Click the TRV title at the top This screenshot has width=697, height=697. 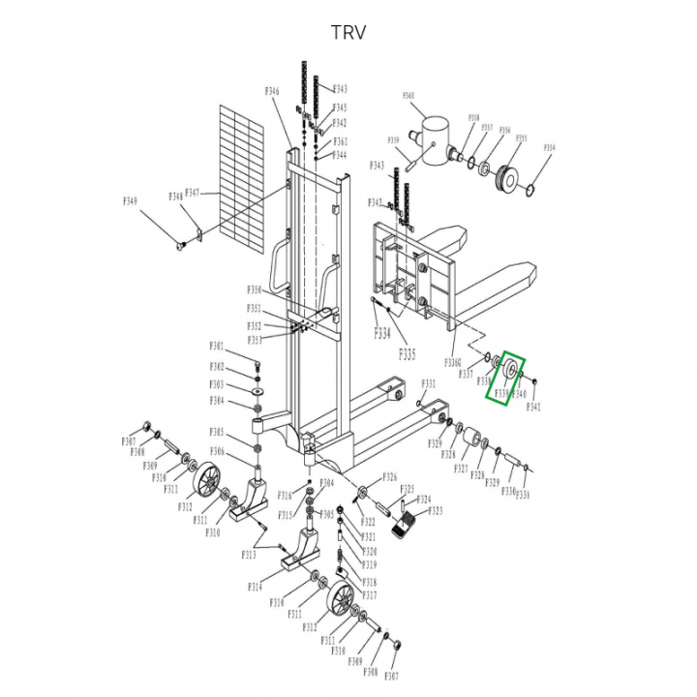coord(348,32)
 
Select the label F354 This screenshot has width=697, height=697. coord(550,148)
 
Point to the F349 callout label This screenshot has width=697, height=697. coord(130,200)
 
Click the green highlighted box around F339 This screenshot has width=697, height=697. coord(506,380)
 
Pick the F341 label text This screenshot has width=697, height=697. coord(533,407)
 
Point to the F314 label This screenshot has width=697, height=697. coord(255,587)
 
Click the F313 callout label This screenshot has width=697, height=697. coord(249,555)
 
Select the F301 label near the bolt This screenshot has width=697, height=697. coord(217,347)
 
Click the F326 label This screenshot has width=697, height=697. coord(389,477)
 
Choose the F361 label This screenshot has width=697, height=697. coord(340,141)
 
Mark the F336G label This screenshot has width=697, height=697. coord(452,361)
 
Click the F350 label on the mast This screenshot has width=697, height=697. coord(254,289)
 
